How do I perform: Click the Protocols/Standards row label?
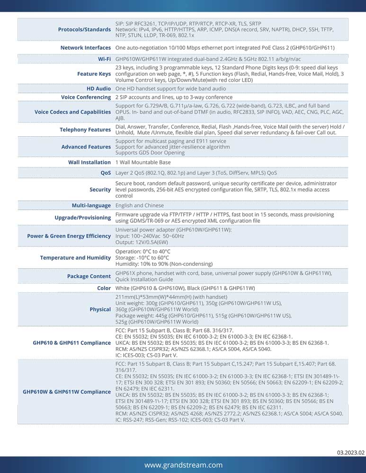coord(84,29)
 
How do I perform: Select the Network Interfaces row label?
coord(86,48)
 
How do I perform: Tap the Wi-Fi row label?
coord(104,59)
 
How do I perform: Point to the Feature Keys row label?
coord(94,74)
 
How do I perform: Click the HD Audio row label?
coord(98,89)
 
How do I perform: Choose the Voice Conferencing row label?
coord(86,97)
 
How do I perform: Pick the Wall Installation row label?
coord(89,162)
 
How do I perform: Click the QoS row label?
coord(106,173)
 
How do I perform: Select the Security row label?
coord(100,189)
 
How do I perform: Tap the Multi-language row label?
coord(91,206)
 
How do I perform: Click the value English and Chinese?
coord(140,206)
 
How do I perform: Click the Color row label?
coord(104,288)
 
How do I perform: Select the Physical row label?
coord(100,309)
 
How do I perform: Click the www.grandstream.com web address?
coord(183,465)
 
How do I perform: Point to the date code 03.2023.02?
coord(351,453)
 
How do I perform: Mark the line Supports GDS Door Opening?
coord(150,153)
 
